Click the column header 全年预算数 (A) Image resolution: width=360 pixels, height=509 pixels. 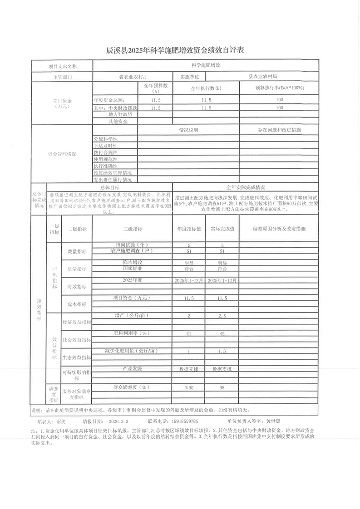pos(156,88)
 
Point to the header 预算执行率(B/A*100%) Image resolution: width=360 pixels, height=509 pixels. pos(279,88)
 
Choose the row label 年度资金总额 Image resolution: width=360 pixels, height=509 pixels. pos(109,99)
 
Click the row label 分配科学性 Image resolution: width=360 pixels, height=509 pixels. pos(106,138)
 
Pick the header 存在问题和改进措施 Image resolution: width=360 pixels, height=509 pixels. pos(279,130)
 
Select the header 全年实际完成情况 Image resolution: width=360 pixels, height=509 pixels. pos(246,187)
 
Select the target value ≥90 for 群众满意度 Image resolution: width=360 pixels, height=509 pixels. pos(188,387)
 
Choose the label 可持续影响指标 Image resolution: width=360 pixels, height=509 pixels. pos(76,375)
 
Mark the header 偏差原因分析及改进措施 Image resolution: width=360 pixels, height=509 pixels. pos(279,229)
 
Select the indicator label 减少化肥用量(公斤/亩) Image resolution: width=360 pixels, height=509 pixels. pos(133,351)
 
